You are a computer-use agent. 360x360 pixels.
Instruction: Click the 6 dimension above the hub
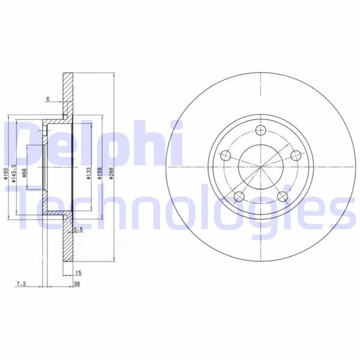click(47, 100)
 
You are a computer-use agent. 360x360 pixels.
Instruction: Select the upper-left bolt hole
click(226, 155)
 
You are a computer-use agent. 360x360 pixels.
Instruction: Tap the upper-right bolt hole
click(295, 156)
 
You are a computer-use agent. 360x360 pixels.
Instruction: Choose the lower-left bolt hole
click(239, 196)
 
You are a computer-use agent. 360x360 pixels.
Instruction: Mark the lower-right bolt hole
click(281, 196)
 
